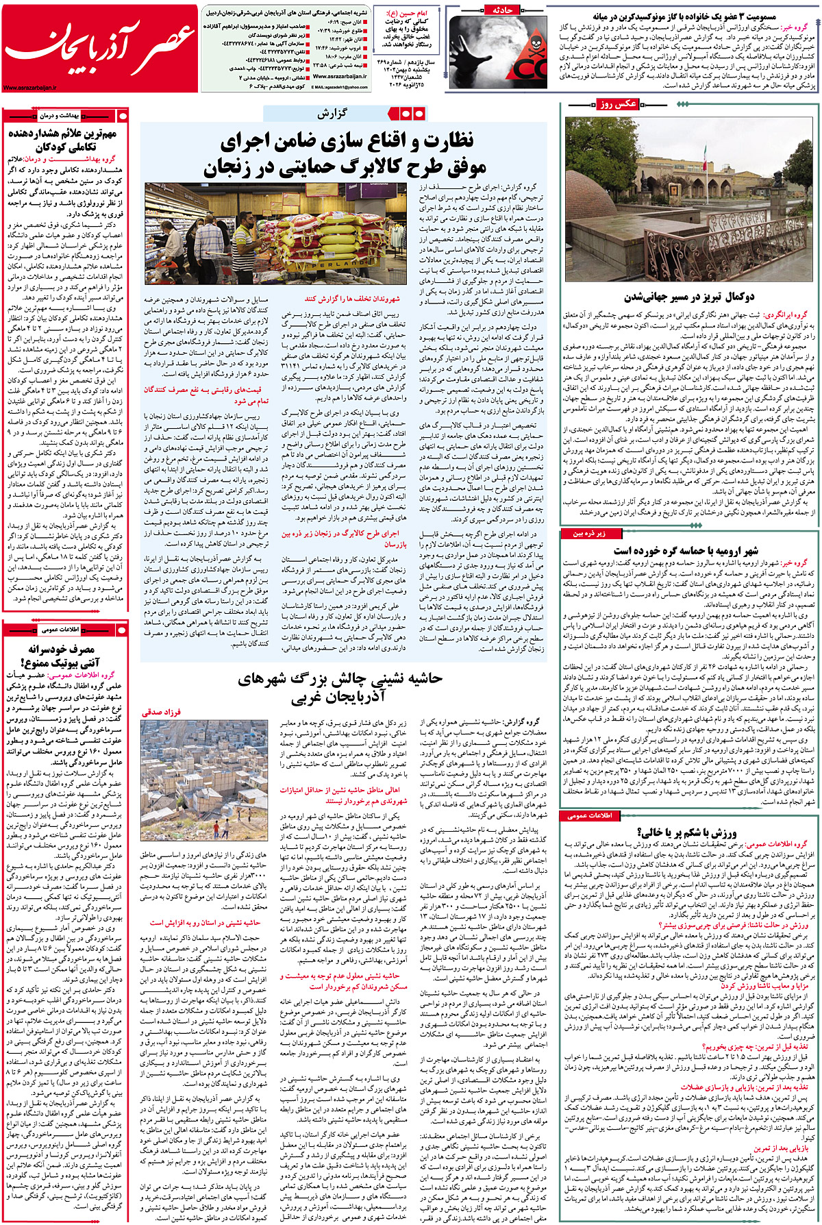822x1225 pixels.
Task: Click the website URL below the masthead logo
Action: pyautogui.click(x=31, y=88)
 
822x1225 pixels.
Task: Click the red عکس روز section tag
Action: pyautogui.click(x=616, y=104)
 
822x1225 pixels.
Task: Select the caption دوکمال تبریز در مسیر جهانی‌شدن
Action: pyautogui.click(x=689, y=297)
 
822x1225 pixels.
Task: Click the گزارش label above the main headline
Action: pyautogui.click(x=332, y=114)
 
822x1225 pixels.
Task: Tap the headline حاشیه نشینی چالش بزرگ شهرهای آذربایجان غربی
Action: pyautogui.click(x=340, y=687)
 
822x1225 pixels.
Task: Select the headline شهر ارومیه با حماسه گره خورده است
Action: pyautogui.click(x=685, y=550)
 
